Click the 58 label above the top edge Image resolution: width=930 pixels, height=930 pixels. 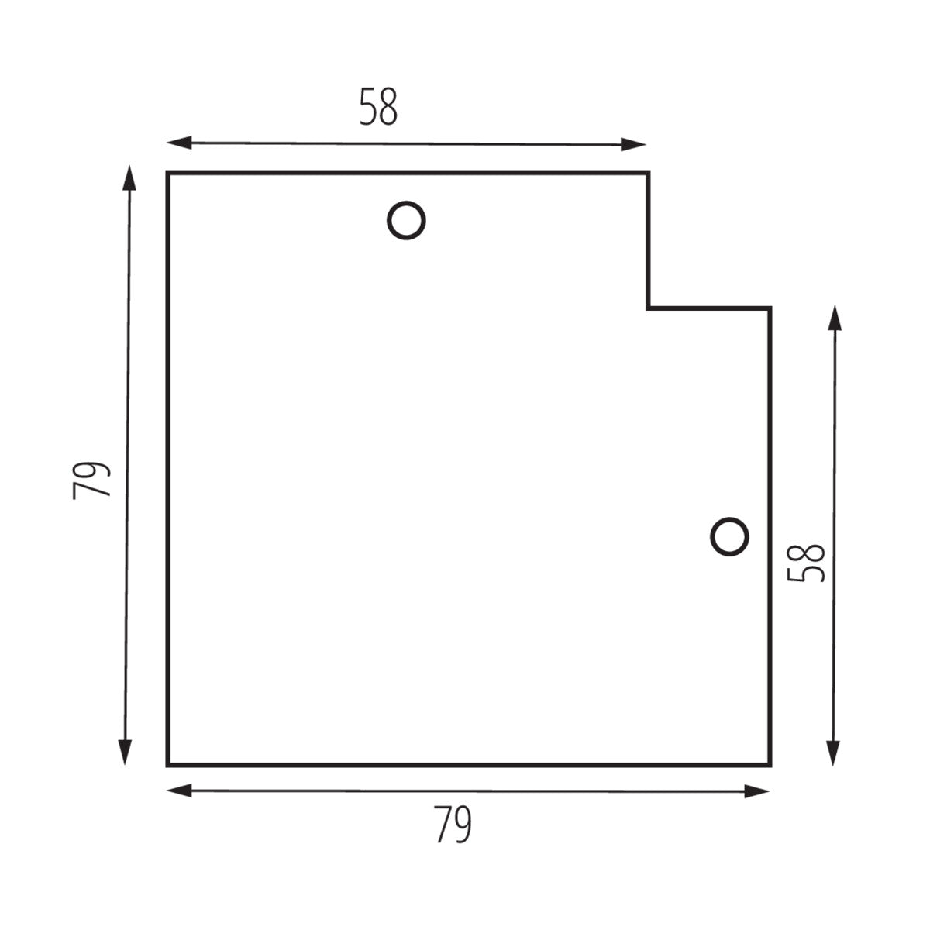(x=378, y=107)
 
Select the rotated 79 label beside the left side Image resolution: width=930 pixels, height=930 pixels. (x=92, y=480)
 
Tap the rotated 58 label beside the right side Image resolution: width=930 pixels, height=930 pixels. (x=806, y=563)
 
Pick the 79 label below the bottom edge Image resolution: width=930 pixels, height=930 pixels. (x=453, y=825)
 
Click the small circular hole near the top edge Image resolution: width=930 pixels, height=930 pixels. (x=406, y=221)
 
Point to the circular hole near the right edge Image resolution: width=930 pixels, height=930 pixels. (x=729, y=536)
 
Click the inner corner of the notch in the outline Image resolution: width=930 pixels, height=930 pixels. (x=648, y=308)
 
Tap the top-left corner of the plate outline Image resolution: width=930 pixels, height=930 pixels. (x=168, y=173)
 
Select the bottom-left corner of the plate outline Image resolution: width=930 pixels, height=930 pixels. (x=168, y=765)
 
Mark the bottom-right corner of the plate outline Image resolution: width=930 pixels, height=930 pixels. (x=770, y=765)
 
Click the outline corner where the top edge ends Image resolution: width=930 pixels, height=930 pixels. (x=648, y=173)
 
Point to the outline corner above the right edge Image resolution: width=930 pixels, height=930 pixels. (x=770, y=308)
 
